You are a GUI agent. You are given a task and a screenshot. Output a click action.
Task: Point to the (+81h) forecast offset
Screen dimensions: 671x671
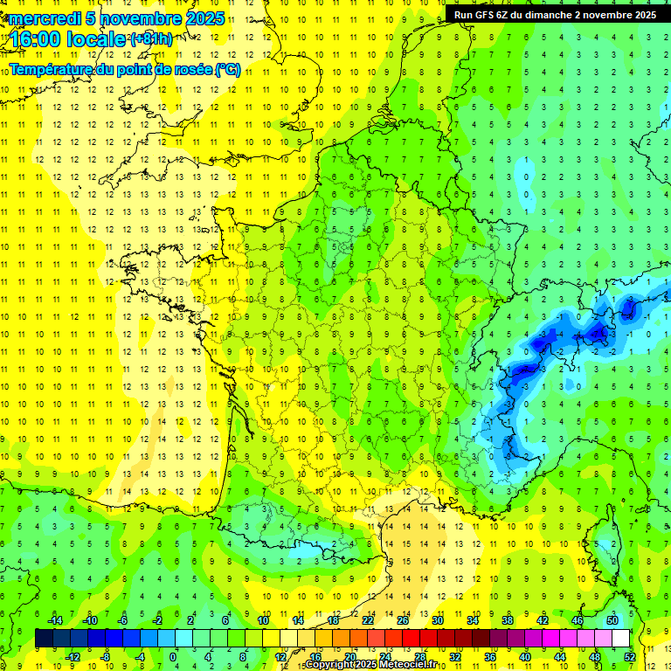[x=151, y=39]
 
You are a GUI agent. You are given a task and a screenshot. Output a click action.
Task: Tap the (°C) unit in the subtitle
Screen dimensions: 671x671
[x=227, y=70]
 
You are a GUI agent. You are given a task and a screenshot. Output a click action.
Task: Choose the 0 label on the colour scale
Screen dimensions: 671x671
[x=173, y=657]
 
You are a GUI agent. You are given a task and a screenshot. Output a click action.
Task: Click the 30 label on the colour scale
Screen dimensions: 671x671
[x=437, y=620]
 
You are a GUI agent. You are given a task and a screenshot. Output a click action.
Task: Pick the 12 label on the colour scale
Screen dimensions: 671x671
[x=280, y=657]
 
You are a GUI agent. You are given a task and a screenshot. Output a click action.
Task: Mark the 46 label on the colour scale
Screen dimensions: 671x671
[x=578, y=620]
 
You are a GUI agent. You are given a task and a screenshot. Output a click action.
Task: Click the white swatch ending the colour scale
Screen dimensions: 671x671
[x=620, y=639]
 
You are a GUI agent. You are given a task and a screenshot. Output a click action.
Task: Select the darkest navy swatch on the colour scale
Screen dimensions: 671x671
[x=44, y=639]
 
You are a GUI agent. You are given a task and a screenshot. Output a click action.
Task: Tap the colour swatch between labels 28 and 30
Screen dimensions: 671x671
[x=428, y=639]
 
